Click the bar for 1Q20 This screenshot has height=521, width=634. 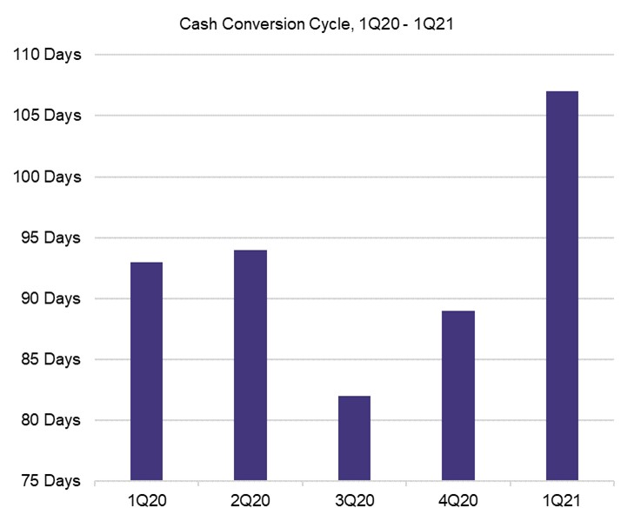click(x=146, y=371)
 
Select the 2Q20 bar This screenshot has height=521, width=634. click(x=250, y=365)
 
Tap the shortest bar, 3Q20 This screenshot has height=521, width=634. click(x=354, y=438)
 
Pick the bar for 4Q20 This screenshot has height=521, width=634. click(x=458, y=396)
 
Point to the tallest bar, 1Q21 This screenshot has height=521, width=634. click(x=562, y=286)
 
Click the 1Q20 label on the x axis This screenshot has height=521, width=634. click(x=146, y=502)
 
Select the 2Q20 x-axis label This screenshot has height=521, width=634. click(x=250, y=502)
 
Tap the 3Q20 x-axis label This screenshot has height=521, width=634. click(x=354, y=502)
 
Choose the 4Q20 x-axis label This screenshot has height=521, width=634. click(x=458, y=502)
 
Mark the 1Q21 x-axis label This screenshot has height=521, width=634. click(x=562, y=502)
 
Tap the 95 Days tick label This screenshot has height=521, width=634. click(x=48, y=237)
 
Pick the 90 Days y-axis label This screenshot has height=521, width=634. click(x=48, y=298)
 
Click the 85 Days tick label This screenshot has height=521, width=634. click(x=48, y=359)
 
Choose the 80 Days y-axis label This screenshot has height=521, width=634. click(x=48, y=420)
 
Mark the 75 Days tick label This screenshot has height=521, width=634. click(x=48, y=481)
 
